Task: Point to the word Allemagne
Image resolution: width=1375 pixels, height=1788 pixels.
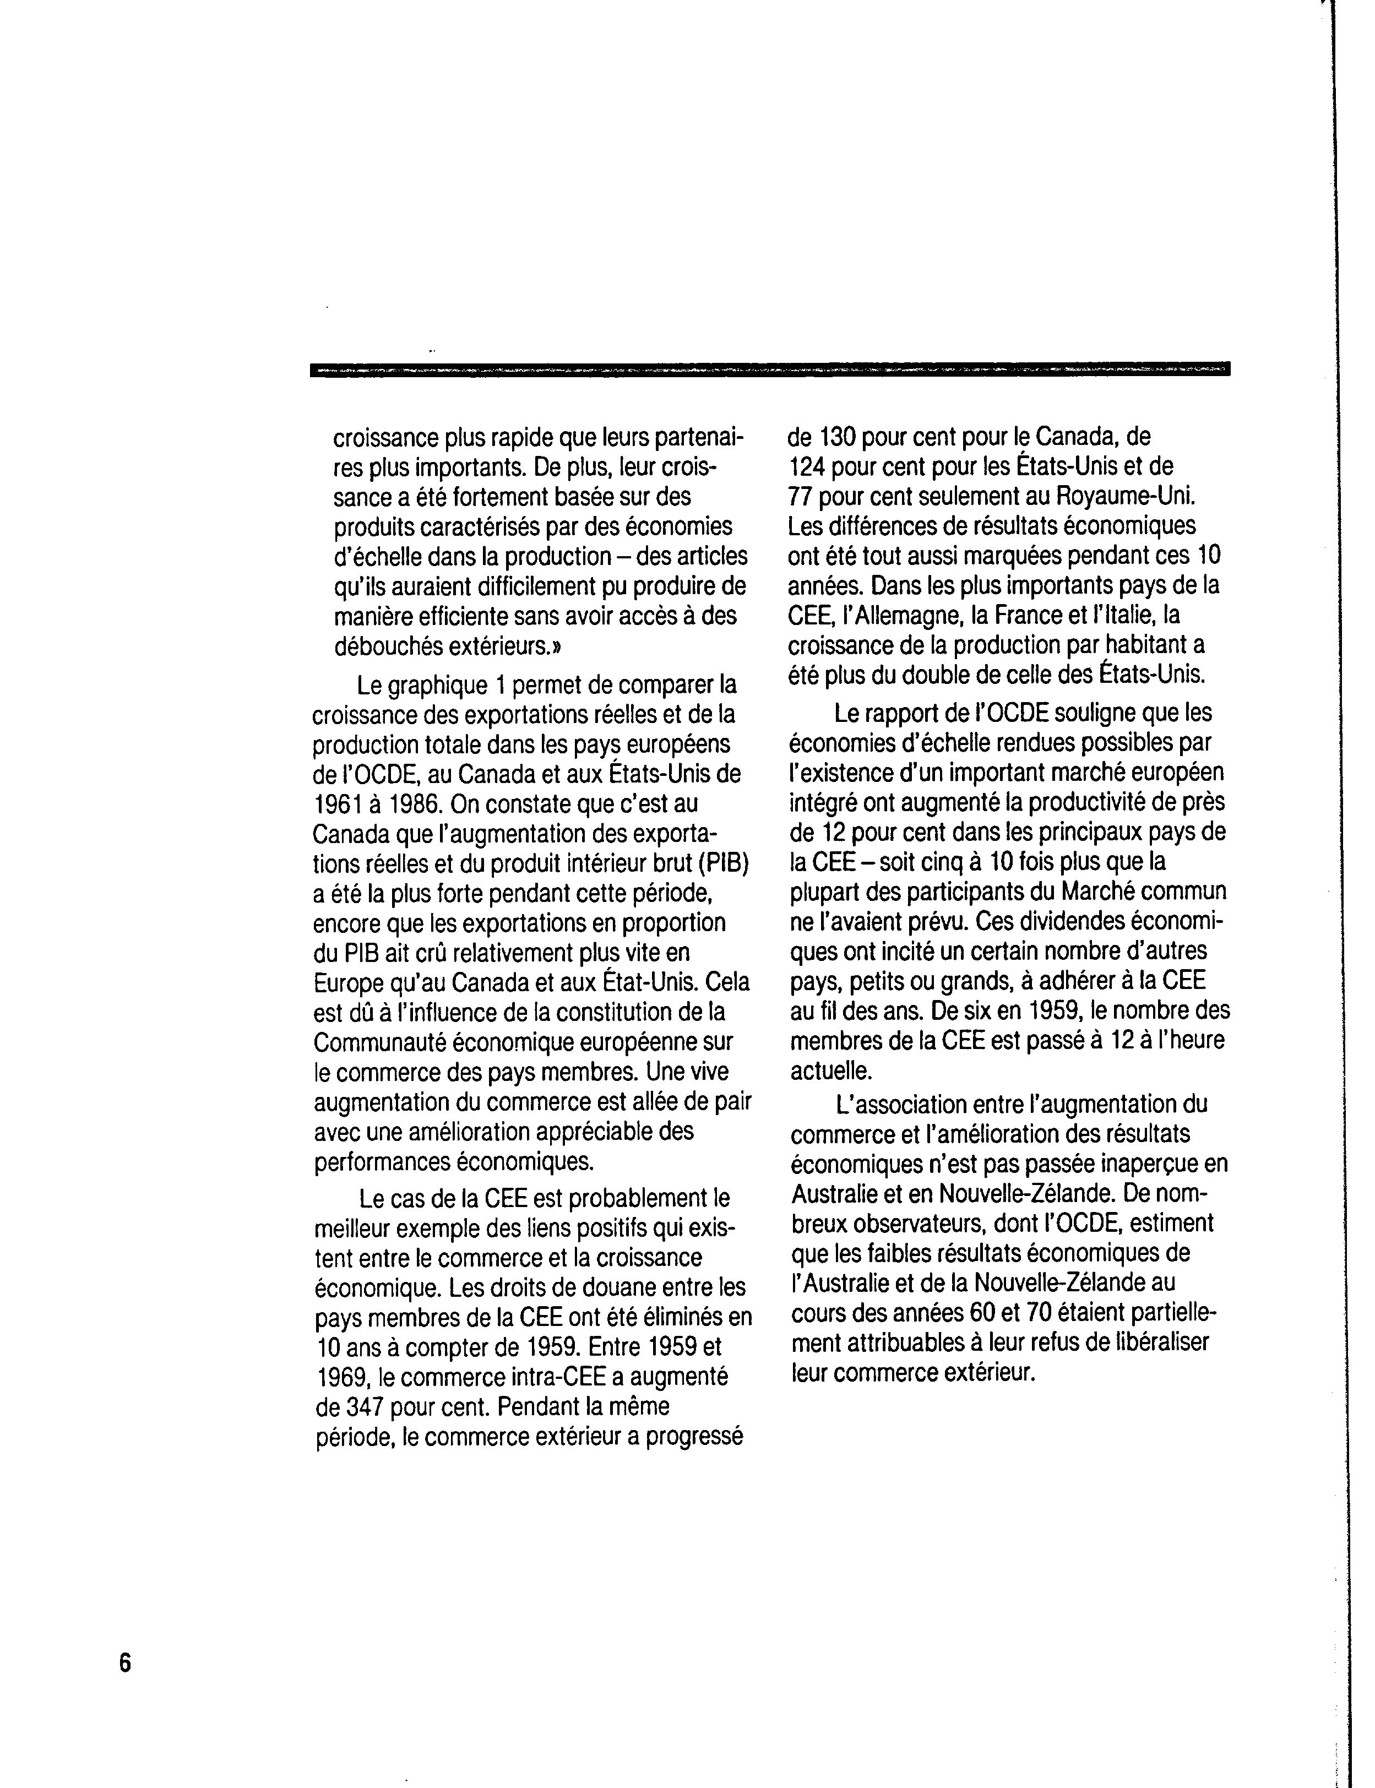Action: point(890,616)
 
